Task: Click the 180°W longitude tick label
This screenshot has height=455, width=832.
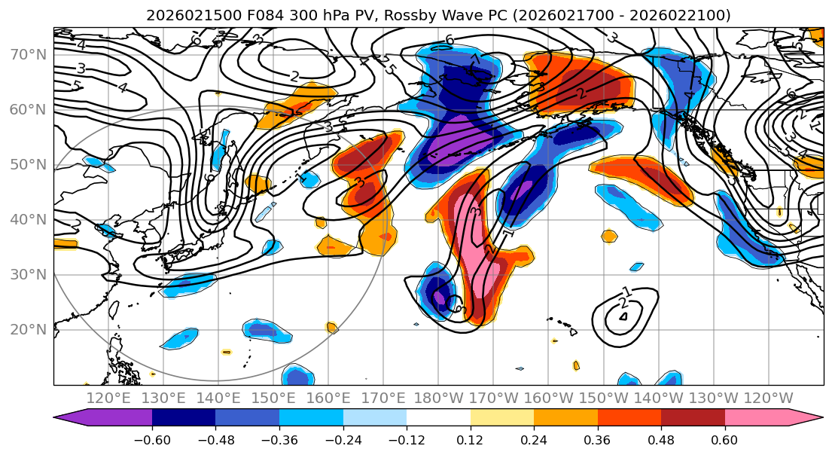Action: point(438,398)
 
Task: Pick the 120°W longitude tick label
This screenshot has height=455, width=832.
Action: point(768,398)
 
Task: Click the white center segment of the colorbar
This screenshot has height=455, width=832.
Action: point(438,418)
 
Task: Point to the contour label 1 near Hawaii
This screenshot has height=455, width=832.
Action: point(626,292)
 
